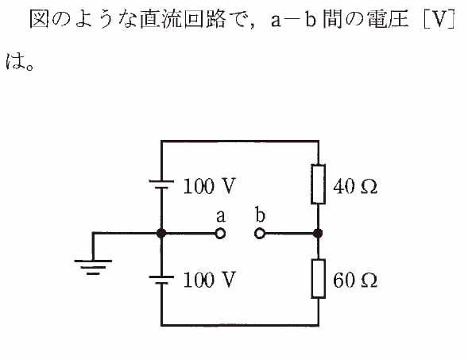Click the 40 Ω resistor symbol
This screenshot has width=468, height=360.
[318, 184]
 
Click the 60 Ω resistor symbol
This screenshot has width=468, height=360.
[318, 279]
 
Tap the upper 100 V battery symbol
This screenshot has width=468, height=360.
[161, 184]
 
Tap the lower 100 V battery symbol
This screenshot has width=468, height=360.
[161, 280]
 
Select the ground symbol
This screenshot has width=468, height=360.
[93, 267]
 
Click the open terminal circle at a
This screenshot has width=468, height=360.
[220, 234]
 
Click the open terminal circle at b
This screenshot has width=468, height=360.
[260, 234]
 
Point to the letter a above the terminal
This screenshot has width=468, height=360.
[221, 216]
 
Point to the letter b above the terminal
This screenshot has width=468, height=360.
[260, 215]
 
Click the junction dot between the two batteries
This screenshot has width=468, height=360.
[161, 233]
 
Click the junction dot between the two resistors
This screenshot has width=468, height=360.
[318, 233]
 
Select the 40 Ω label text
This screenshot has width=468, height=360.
[355, 187]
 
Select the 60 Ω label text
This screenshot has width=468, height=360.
[355, 281]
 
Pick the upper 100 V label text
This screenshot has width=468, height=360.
[209, 186]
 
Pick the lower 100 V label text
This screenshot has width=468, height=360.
[209, 280]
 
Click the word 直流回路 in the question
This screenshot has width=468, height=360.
[183, 19]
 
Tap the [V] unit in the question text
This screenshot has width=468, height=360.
[439, 19]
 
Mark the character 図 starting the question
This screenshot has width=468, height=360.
[39, 19]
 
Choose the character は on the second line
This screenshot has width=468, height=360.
[15, 61]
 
